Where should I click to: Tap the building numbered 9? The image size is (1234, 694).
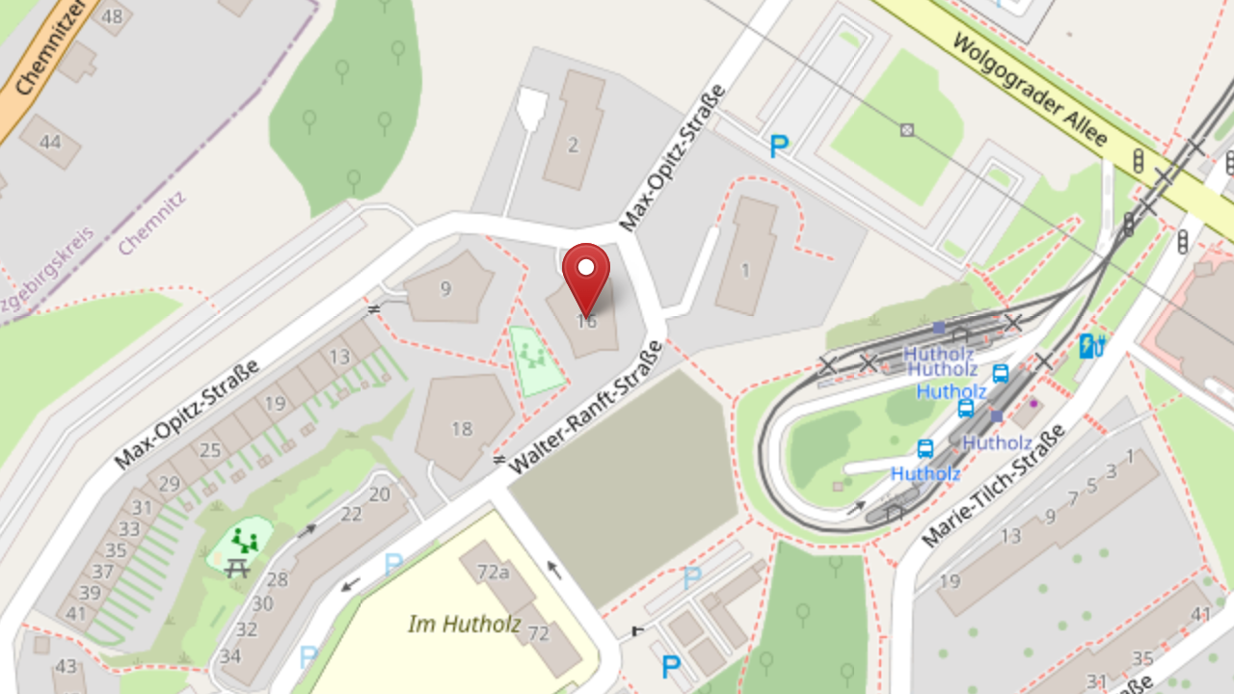tap(445, 288)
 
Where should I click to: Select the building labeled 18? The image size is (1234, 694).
tap(462, 428)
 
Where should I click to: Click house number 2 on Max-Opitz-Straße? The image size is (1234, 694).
tap(574, 146)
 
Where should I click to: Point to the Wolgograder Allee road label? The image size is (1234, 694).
tap(1030, 91)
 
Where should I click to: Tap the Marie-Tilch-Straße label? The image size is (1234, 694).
tap(994, 486)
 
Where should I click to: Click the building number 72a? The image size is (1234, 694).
tap(493, 573)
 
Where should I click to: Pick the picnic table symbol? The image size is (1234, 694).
tap(237, 568)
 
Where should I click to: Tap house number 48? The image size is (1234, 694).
tap(112, 16)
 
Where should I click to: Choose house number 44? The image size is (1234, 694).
tap(50, 143)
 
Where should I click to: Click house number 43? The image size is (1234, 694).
tap(66, 666)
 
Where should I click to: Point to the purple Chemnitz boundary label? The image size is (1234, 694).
tap(151, 223)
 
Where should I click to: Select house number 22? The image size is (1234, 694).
tap(351, 514)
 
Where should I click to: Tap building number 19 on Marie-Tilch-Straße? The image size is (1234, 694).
tap(950, 580)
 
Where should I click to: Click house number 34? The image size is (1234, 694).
tap(230, 656)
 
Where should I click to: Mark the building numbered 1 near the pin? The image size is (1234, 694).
tap(744, 270)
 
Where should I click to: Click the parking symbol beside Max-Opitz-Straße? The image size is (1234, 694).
tap(779, 147)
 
